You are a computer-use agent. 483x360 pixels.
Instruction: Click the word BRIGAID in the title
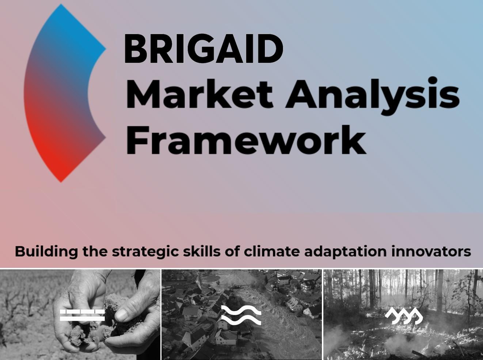click(x=204, y=49)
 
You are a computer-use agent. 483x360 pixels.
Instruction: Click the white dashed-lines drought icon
click(x=82, y=315)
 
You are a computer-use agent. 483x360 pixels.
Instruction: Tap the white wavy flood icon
click(x=241, y=315)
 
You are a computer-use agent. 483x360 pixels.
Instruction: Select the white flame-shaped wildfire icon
click(x=404, y=316)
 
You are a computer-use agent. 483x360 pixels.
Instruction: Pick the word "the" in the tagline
click(x=95, y=251)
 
